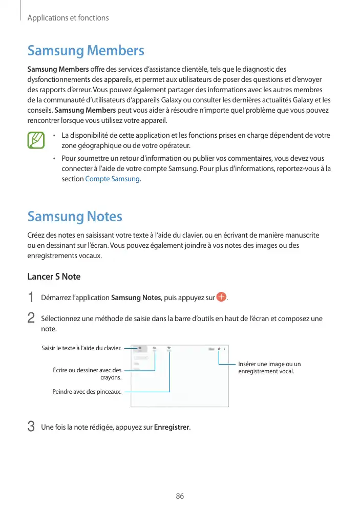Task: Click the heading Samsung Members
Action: click(86, 51)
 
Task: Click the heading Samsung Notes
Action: click(75, 217)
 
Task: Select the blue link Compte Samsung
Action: click(112, 179)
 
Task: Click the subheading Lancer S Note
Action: click(54, 277)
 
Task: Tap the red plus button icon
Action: click(221, 298)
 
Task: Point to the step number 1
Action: click(31, 298)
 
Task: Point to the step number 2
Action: click(31, 318)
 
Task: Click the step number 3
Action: click(31, 427)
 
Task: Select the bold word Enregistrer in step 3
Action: click(172, 427)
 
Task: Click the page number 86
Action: click(180, 496)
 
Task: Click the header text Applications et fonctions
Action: click(68, 18)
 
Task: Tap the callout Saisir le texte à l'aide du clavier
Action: click(81, 349)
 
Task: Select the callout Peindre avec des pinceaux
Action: click(87, 392)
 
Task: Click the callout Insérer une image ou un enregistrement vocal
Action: click(269, 368)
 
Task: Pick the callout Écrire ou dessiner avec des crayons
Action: click(88, 373)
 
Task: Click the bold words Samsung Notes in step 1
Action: click(136, 298)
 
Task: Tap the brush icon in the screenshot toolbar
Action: click(169, 348)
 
